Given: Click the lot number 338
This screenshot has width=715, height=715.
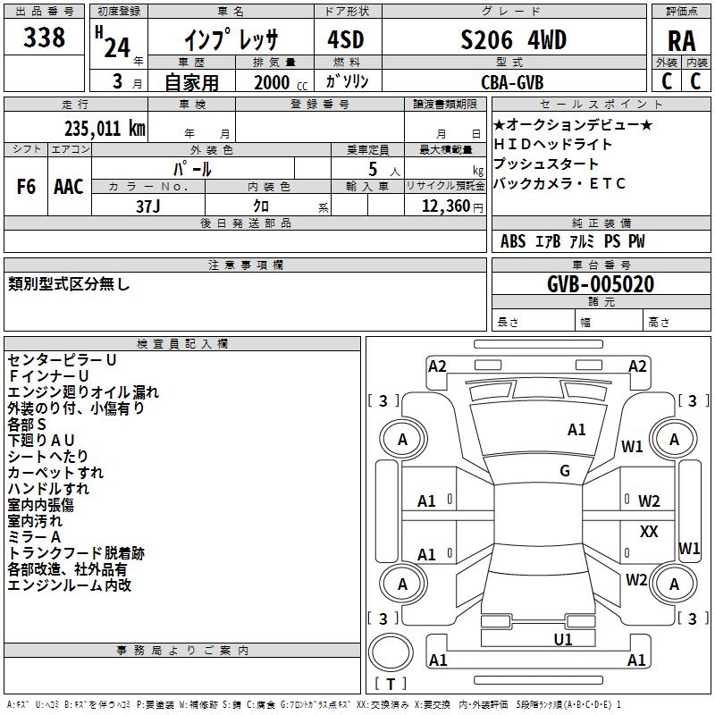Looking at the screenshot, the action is pyautogui.click(x=44, y=37).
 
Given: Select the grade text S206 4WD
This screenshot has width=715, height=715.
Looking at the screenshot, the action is pyautogui.click(x=513, y=39).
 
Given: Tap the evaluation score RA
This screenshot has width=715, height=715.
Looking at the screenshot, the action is pyautogui.click(x=681, y=41).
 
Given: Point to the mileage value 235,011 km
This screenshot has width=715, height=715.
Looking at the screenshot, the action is pyautogui.click(x=105, y=129).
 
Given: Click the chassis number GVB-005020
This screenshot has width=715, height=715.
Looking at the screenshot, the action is pyautogui.click(x=601, y=284).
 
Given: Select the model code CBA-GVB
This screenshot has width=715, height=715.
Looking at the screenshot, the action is pyautogui.click(x=512, y=82).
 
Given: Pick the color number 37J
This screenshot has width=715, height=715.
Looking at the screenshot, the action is pyautogui.click(x=147, y=206).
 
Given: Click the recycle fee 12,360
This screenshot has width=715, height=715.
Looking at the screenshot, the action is pyautogui.click(x=445, y=206).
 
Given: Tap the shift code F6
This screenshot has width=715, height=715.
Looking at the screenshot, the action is pyautogui.click(x=26, y=187).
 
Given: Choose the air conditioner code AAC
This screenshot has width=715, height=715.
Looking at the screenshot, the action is pyautogui.click(x=69, y=187).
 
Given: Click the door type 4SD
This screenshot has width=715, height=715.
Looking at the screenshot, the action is pyautogui.click(x=346, y=39).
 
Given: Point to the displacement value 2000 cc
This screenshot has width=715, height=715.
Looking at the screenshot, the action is pyautogui.click(x=281, y=83).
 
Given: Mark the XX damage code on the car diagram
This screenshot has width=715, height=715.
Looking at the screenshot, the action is pyautogui.click(x=649, y=531).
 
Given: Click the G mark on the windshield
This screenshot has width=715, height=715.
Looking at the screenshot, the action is pyautogui.click(x=565, y=471).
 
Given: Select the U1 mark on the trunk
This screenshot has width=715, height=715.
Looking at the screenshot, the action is pyautogui.click(x=563, y=640).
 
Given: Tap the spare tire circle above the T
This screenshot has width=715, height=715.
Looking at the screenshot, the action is pyautogui.click(x=391, y=652).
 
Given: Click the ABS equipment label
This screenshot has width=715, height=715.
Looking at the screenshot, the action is pyautogui.click(x=513, y=241).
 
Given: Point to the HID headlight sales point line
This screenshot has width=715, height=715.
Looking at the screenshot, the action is pyautogui.click(x=552, y=145).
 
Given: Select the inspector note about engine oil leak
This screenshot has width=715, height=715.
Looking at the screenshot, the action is pyautogui.click(x=83, y=392).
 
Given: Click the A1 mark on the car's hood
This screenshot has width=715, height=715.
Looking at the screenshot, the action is pyautogui.click(x=576, y=430).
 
